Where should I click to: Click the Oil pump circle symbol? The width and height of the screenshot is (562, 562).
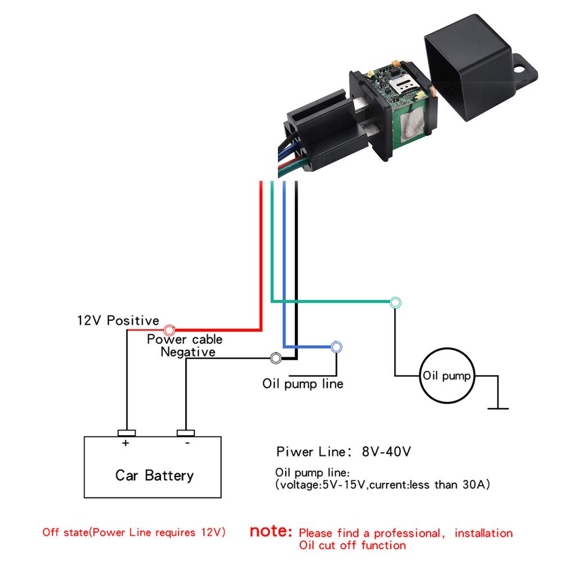(447, 375)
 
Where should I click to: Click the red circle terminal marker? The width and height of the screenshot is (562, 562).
(168, 330)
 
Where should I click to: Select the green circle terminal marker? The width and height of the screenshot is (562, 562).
(396, 302)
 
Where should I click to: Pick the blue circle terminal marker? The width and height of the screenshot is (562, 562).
(336, 347)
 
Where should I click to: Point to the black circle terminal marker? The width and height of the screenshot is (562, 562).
(276, 358)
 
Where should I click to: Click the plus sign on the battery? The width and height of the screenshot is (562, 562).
(125, 443)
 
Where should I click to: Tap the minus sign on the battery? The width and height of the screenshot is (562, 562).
(186, 443)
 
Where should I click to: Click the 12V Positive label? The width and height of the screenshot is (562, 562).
(118, 321)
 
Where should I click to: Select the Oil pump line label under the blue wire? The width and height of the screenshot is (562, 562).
(303, 384)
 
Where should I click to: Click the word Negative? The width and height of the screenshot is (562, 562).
(188, 352)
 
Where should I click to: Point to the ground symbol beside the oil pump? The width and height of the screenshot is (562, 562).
(497, 408)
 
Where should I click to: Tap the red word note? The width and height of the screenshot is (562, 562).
(271, 531)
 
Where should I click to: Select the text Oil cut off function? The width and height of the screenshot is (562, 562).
(352, 545)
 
